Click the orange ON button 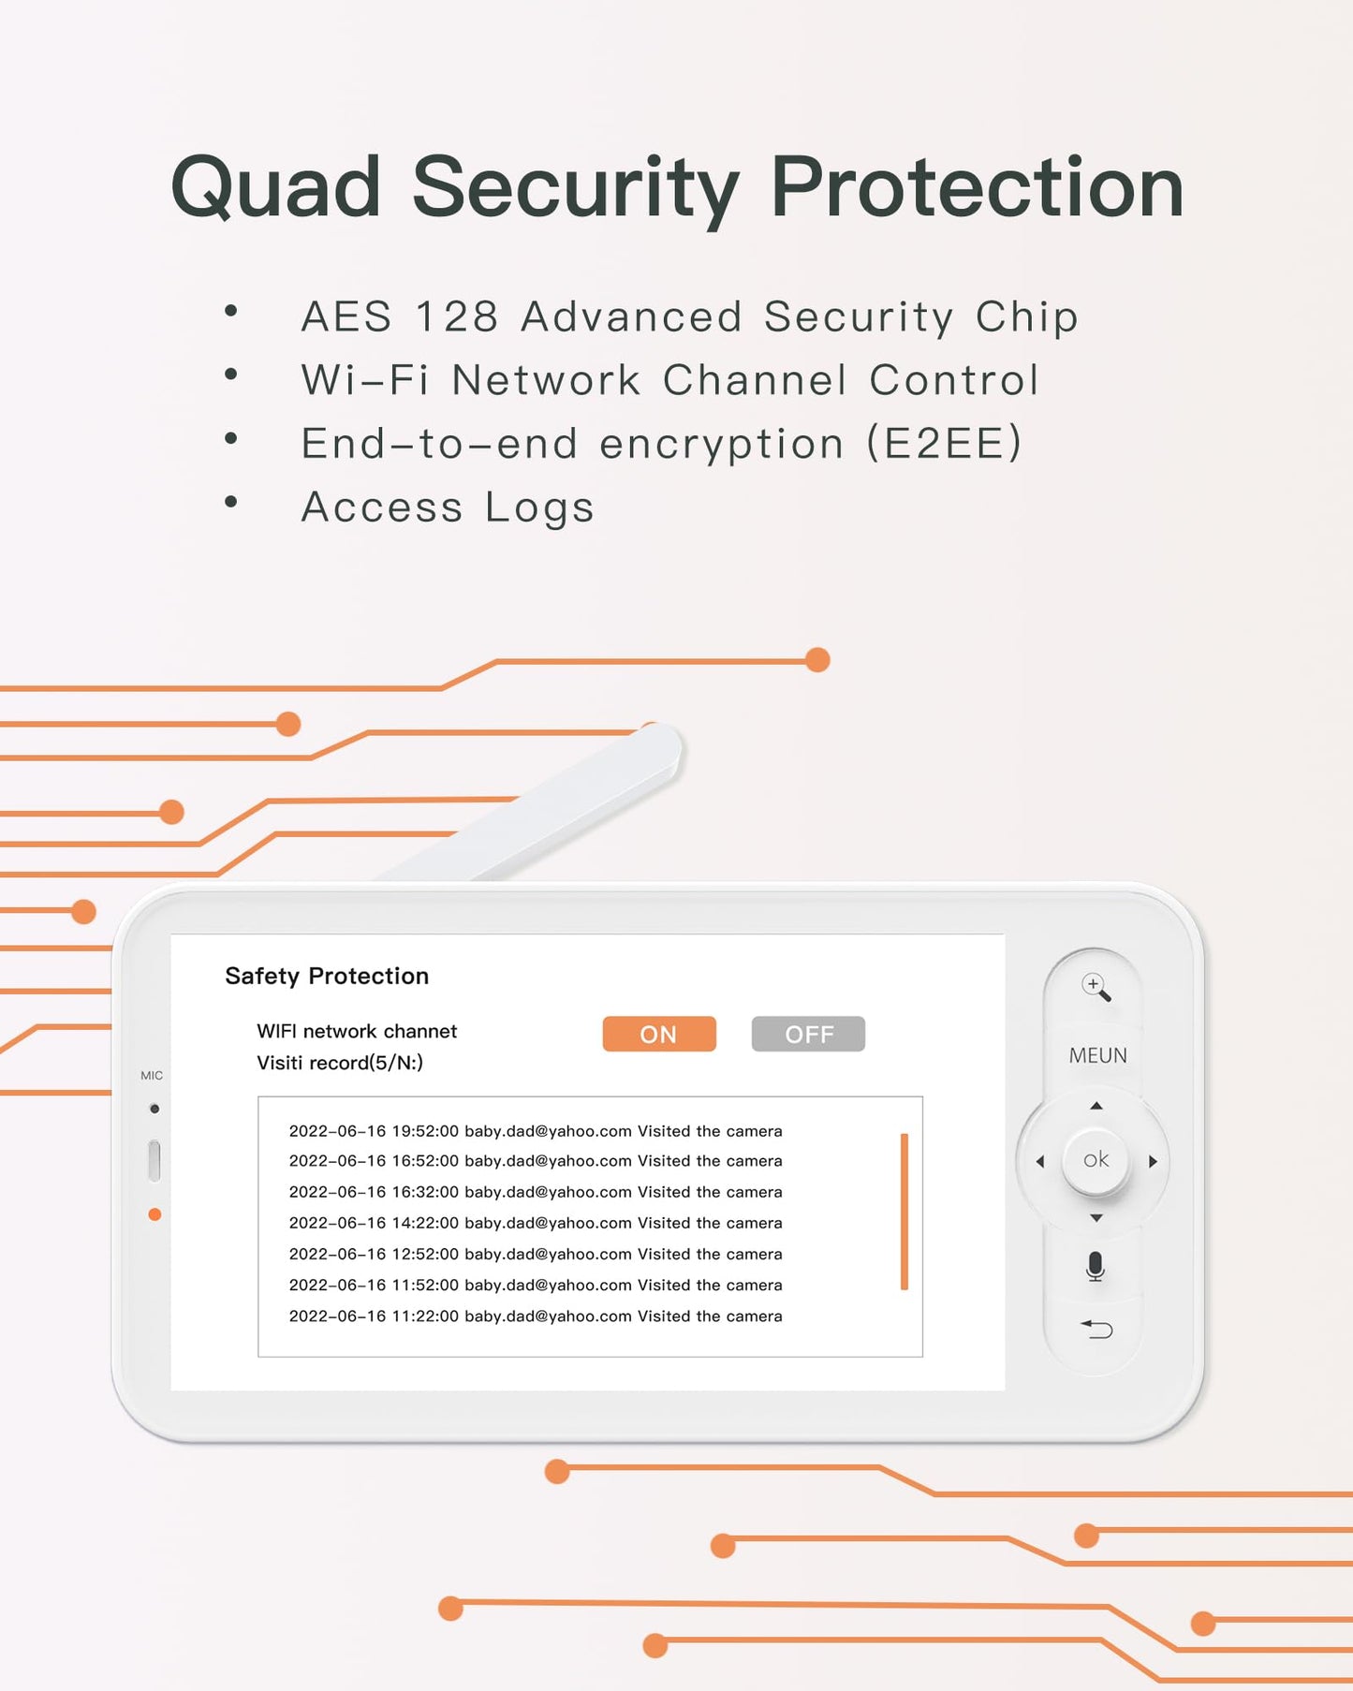click(659, 1034)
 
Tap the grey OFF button click(808, 1034)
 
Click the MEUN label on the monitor click(1097, 1055)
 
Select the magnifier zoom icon click(1096, 987)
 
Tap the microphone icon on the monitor click(1096, 1266)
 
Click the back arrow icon click(1096, 1329)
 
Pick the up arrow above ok click(1096, 1106)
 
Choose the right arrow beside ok click(1154, 1161)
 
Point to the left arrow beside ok click(1039, 1161)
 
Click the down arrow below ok click(1096, 1218)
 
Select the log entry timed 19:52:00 click(535, 1131)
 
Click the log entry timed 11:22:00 click(535, 1316)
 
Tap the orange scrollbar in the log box click(904, 1212)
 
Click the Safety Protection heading click(327, 976)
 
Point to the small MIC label click(152, 1076)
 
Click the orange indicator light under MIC click(154, 1214)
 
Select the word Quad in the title click(275, 187)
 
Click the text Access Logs click(448, 507)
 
